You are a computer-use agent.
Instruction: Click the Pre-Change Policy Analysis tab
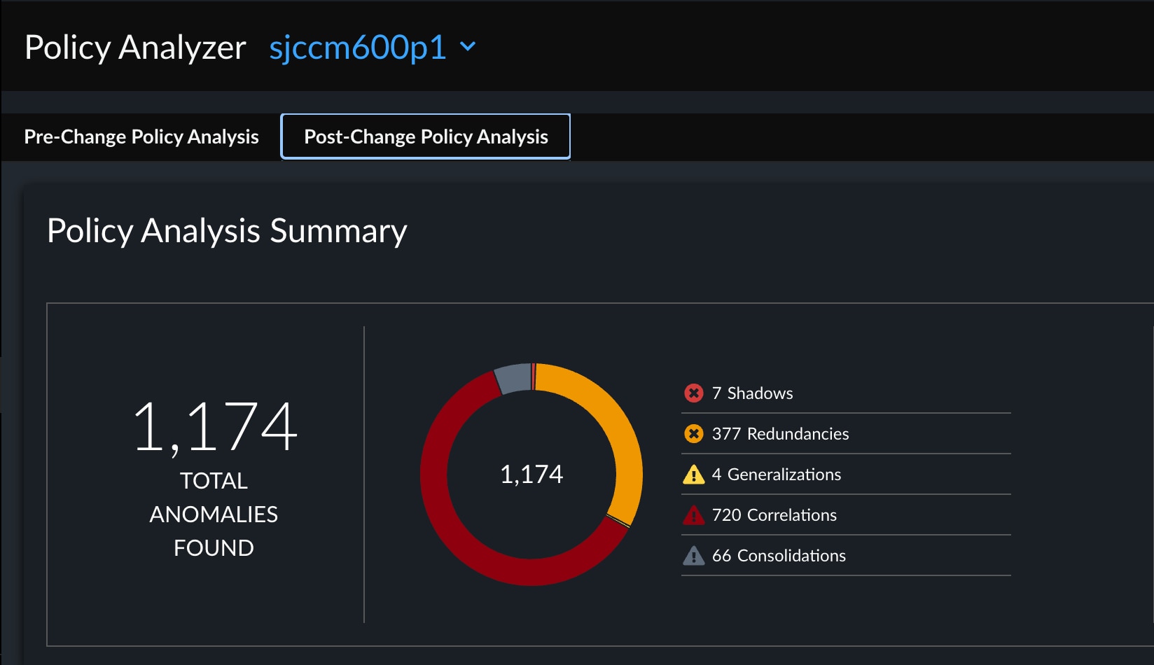click(x=141, y=136)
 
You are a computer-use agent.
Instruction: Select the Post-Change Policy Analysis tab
click(x=426, y=136)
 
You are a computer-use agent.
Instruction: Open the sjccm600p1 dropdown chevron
click(x=468, y=47)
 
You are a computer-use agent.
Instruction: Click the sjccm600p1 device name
click(x=357, y=48)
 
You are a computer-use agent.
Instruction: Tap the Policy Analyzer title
click(x=135, y=48)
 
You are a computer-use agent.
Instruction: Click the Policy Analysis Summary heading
click(x=227, y=231)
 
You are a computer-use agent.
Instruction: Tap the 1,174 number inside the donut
click(x=531, y=475)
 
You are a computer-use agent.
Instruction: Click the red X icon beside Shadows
click(x=693, y=393)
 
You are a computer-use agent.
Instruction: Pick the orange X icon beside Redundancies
click(x=693, y=434)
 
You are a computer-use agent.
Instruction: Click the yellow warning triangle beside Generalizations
click(x=693, y=475)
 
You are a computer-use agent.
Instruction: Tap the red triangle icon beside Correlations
click(x=693, y=515)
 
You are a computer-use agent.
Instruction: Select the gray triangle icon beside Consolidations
click(x=693, y=556)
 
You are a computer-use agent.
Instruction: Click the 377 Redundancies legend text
click(x=780, y=434)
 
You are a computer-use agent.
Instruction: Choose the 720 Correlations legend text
click(x=774, y=515)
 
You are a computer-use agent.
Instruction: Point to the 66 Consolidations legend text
click(x=779, y=556)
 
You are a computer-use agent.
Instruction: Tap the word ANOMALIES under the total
click(x=214, y=514)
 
